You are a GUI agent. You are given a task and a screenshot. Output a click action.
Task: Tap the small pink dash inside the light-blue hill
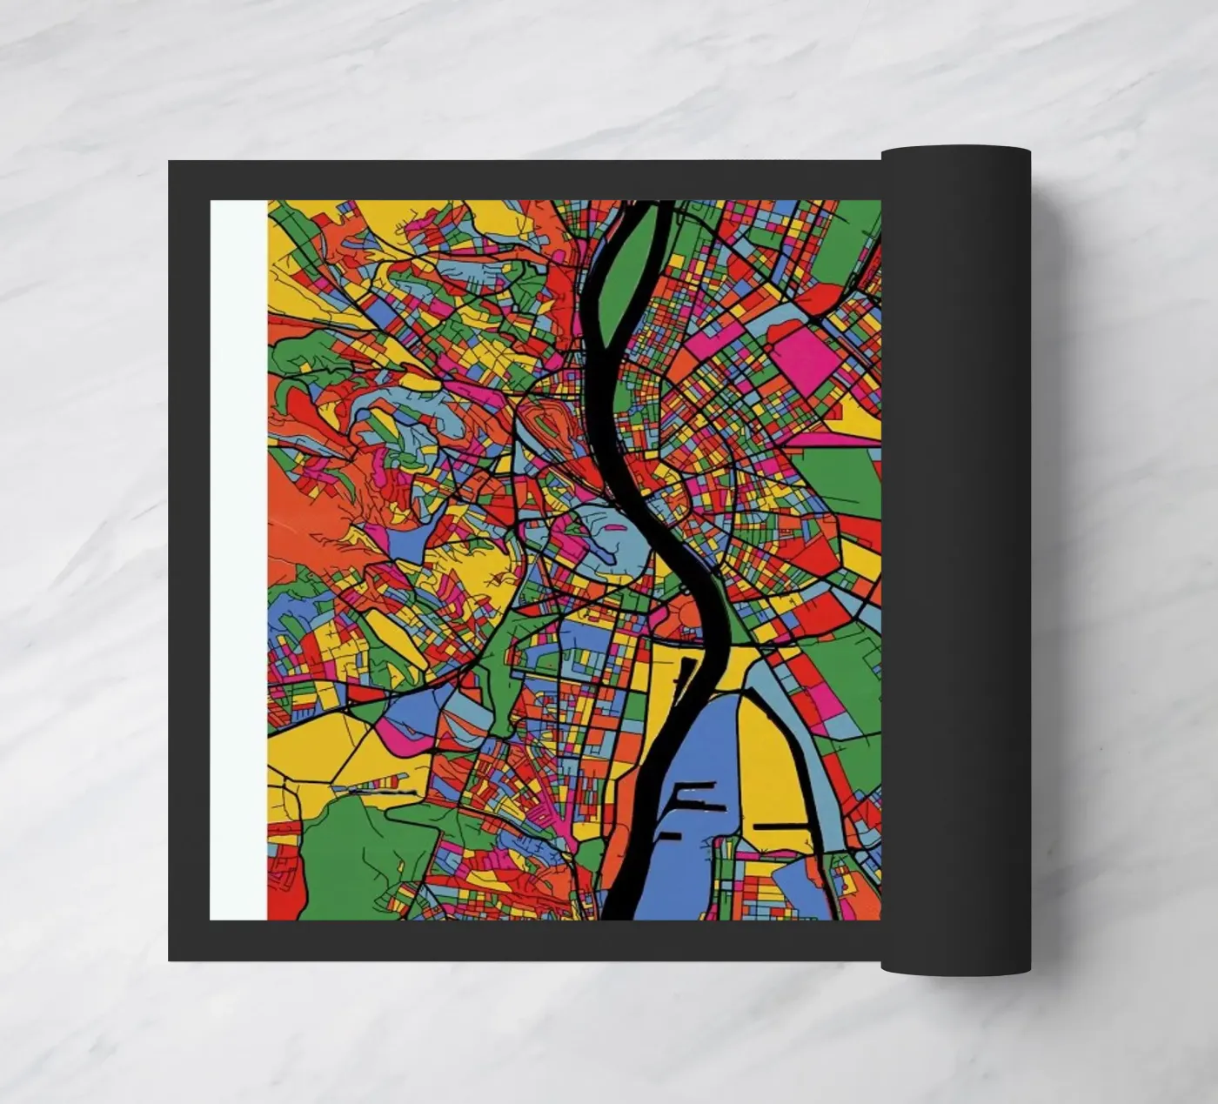tap(616, 527)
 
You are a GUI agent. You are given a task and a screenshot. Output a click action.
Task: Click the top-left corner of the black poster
tap(171, 163)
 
